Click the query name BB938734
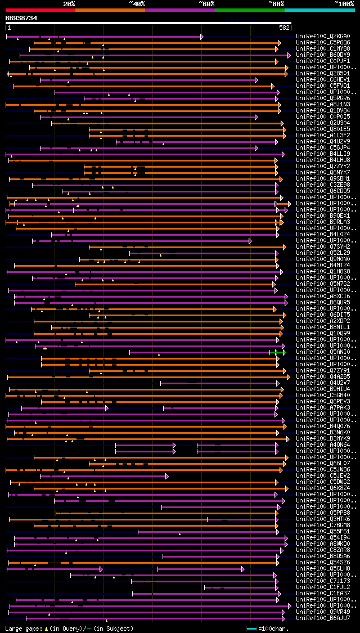pyautogui.click(x=21, y=18)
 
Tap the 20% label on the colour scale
pyautogui.click(x=69, y=3)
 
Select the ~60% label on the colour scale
pyautogui.click(x=206, y=3)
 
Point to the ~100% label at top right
pyautogui.click(x=344, y=3)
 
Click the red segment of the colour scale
pyautogui.click(x=40, y=10)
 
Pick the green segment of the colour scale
pyautogui.click(x=249, y=10)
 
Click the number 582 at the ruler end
pyautogui.click(x=284, y=28)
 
